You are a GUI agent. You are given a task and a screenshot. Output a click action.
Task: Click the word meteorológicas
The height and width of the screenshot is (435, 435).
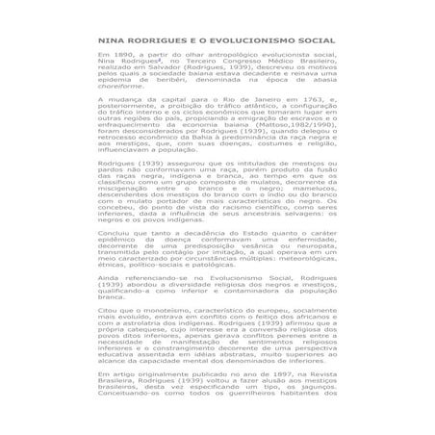coord(298,255)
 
